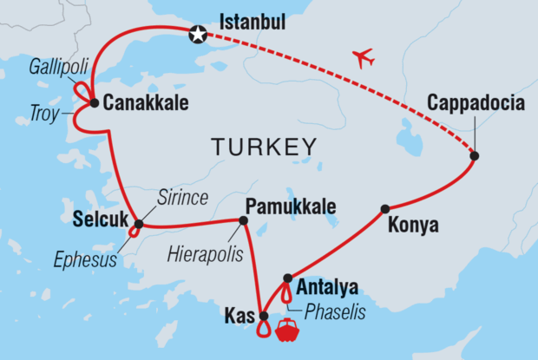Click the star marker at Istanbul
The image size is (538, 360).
click(199, 34)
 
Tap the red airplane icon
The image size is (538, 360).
click(364, 59)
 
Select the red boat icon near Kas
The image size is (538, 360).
click(286, 331)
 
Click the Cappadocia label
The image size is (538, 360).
click(476, 105)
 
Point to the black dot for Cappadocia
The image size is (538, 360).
click(475, 156)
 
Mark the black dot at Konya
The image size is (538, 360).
click(384, 208)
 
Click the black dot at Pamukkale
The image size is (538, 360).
click(243, 220)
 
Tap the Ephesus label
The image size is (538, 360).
click(84, 259)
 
